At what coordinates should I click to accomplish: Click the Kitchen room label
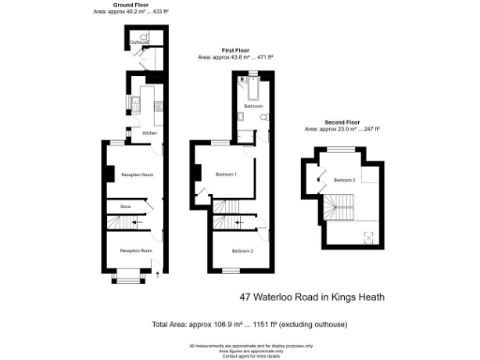149,133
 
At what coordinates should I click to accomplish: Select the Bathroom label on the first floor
253,107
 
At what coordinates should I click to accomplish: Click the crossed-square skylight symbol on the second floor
368,235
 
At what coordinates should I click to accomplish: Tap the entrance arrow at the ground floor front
157,274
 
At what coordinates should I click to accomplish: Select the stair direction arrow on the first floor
239,222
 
